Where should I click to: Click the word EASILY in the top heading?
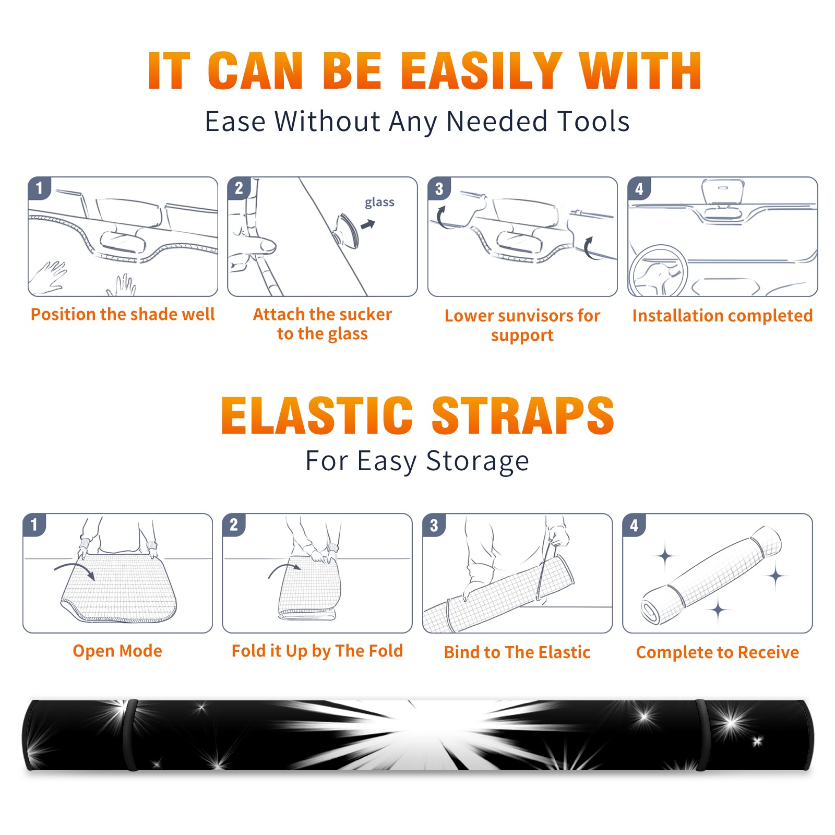(481, 71)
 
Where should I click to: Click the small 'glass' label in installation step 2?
(379, 202)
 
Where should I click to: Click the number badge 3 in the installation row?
(439, 188)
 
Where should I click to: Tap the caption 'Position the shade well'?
(123, 314)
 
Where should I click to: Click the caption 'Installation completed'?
(722, 316)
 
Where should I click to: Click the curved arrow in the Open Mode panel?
(75, 570)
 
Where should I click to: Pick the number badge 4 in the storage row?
(634, 525)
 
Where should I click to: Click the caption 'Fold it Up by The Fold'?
(317, 651)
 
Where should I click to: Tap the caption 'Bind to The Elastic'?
(517, 652)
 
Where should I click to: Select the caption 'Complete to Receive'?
(718, 652)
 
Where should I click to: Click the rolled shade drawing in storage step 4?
(711, 575)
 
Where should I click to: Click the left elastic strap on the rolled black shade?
(132, 735)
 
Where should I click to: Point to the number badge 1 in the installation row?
(40, 188)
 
